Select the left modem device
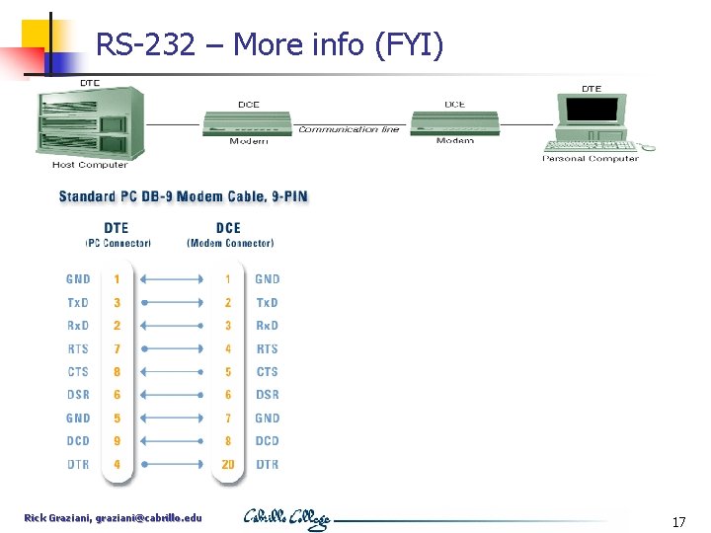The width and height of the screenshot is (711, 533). coord(248,124)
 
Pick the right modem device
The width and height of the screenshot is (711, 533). coord(454,124)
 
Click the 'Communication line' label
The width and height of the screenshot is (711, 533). coord(350,129)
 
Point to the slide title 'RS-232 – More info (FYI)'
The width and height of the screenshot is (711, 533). coord(270,44)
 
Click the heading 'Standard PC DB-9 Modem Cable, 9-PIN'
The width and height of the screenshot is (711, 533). coord(184,196)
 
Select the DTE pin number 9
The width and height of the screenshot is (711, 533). coord(117,441)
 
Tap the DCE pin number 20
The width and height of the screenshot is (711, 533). coord(228,464)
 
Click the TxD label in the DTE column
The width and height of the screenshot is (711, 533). coord(78,302)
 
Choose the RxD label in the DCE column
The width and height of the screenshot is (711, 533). coord(268,326)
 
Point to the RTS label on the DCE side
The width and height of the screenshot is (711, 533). coord(268,348)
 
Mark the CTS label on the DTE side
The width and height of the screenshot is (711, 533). coord(78,372)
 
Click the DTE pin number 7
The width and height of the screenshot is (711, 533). coord(117,348)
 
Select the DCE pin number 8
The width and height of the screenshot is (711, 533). coord(228,441)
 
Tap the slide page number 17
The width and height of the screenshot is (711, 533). coord(678,521)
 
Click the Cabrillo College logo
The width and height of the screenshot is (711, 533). coord(286,519)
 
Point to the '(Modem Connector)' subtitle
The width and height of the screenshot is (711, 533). coord(230,243)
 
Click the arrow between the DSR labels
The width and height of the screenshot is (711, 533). coord(174,395)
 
